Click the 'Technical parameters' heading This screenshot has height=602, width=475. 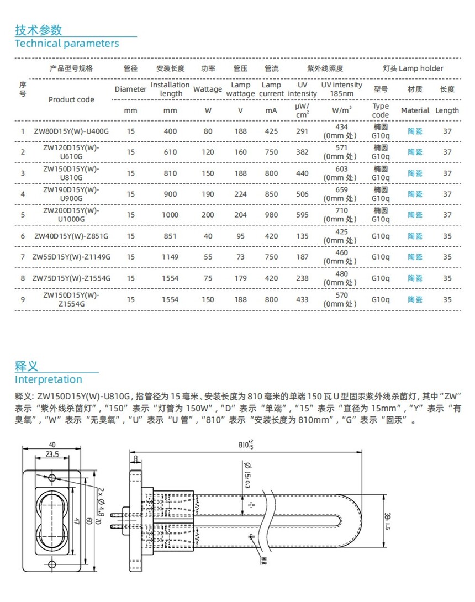66,43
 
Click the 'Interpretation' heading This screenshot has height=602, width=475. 48,379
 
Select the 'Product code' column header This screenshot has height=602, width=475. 71,99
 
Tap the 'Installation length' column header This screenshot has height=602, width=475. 171,89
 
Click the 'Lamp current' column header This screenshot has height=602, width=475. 272,89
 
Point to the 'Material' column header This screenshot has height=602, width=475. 415,110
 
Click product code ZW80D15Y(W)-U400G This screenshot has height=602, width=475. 72,131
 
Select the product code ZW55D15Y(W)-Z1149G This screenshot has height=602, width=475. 72,257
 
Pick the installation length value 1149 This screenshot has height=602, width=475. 170,257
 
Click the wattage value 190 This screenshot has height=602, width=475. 208,194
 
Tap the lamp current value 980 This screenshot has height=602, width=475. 271,215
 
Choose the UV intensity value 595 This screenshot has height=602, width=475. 302,215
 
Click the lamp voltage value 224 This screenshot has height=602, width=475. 240,194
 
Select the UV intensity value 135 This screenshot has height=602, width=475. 302,236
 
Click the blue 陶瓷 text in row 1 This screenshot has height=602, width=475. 415,131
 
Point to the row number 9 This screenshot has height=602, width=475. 23,299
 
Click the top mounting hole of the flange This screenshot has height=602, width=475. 52,477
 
